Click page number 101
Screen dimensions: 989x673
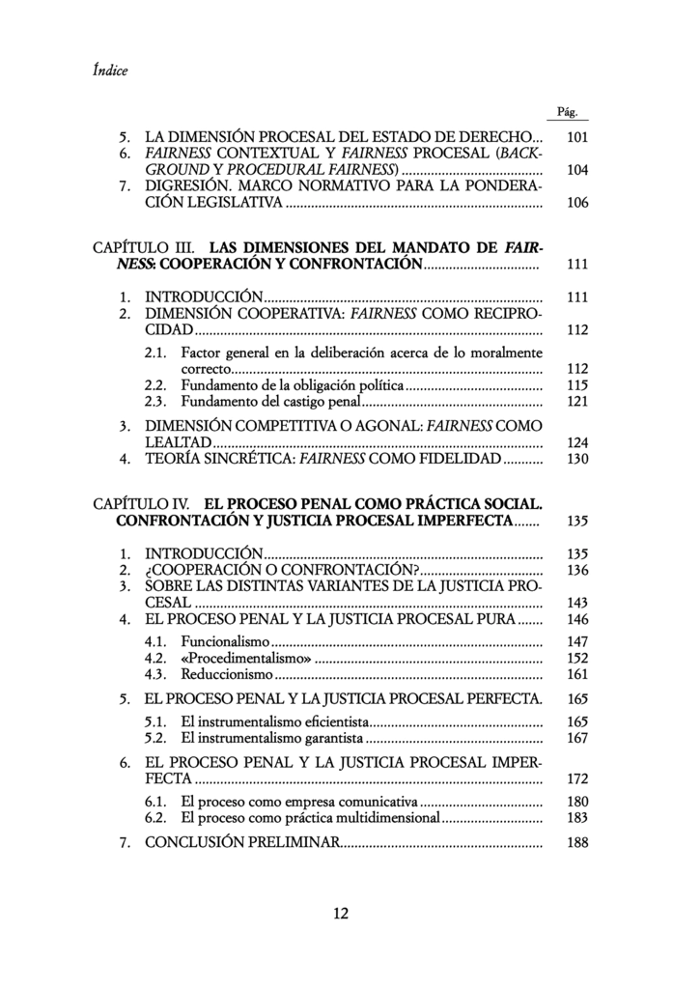(577, 137)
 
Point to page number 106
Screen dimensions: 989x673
(577, 203)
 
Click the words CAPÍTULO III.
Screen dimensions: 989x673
(147, 247)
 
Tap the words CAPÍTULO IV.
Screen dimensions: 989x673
(146, 504)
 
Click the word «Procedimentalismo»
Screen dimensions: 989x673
(244, 658)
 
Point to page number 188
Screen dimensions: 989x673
(577, 842)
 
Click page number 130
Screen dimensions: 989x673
(577, 459)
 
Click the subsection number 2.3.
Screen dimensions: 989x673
(156, 402)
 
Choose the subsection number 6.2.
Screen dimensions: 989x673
(156, 817)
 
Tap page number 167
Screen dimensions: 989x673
(577, 739)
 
